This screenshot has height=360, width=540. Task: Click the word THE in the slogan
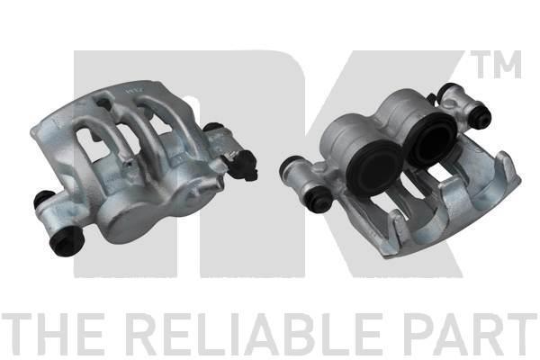point(52,334)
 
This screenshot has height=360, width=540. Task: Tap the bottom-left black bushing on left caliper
point(67,241)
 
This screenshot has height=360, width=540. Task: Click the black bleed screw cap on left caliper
point(242,166)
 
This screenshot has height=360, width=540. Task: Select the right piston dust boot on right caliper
point(430,140)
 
